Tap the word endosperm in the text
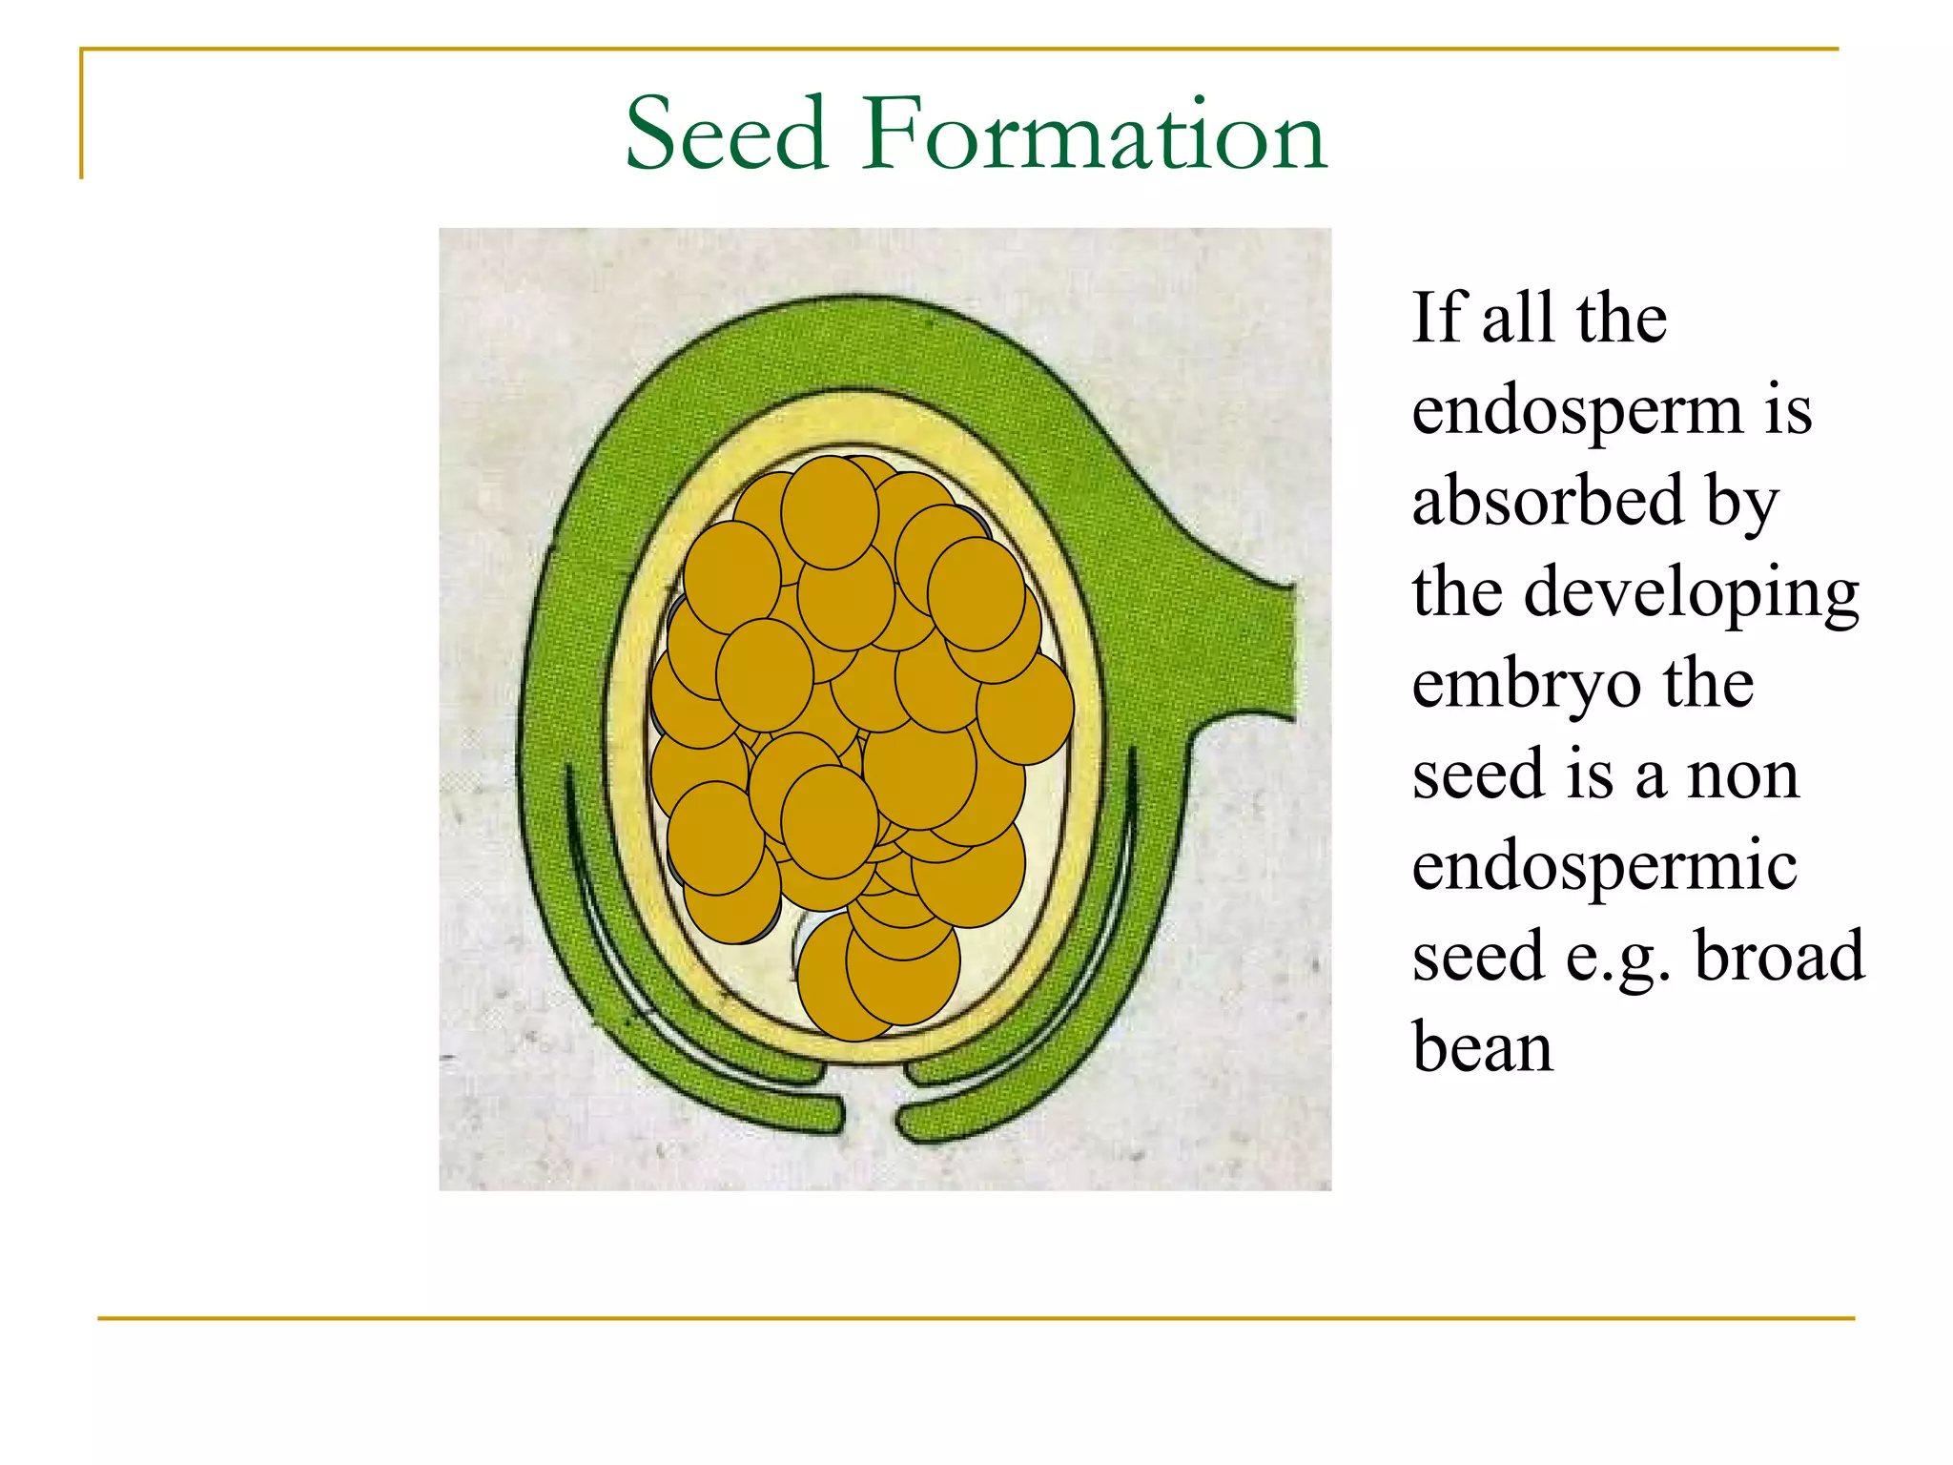pyautogui.click(x=1576, y=412)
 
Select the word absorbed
pyautogui.click(x=1547, y=502)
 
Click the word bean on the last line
pyautogui.click(x=1482, y=1047)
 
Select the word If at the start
pyautogui.click(x=1437, y=318)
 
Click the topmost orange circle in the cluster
pyautogui.click(x=830, y=512)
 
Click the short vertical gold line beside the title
pyautogui.click(x=82, y=114)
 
